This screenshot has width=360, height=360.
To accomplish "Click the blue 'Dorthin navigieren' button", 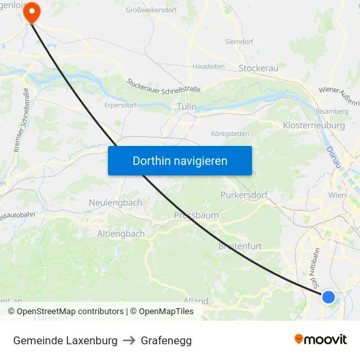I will point(180,160).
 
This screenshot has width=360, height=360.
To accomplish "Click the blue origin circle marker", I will point(329,297).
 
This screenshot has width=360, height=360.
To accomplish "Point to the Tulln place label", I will point(187,106).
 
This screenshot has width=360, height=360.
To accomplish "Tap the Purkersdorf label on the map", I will point(244,195).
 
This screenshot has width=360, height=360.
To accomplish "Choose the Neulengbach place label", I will point(115,203).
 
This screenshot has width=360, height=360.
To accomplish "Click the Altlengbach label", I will point(120,234).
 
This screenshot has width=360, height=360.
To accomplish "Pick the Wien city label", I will point(337,196).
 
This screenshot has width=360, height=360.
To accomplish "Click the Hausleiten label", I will point(209,67).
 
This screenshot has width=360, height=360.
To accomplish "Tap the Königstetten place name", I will point(230,134).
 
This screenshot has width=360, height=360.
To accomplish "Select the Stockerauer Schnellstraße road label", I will point(164,85).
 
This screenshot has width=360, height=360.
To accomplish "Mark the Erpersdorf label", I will point(119,103).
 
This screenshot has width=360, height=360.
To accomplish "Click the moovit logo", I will point(321,339).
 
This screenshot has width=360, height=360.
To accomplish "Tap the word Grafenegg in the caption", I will point(166,340).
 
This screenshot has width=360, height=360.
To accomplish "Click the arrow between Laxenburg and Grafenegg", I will point(129,340).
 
